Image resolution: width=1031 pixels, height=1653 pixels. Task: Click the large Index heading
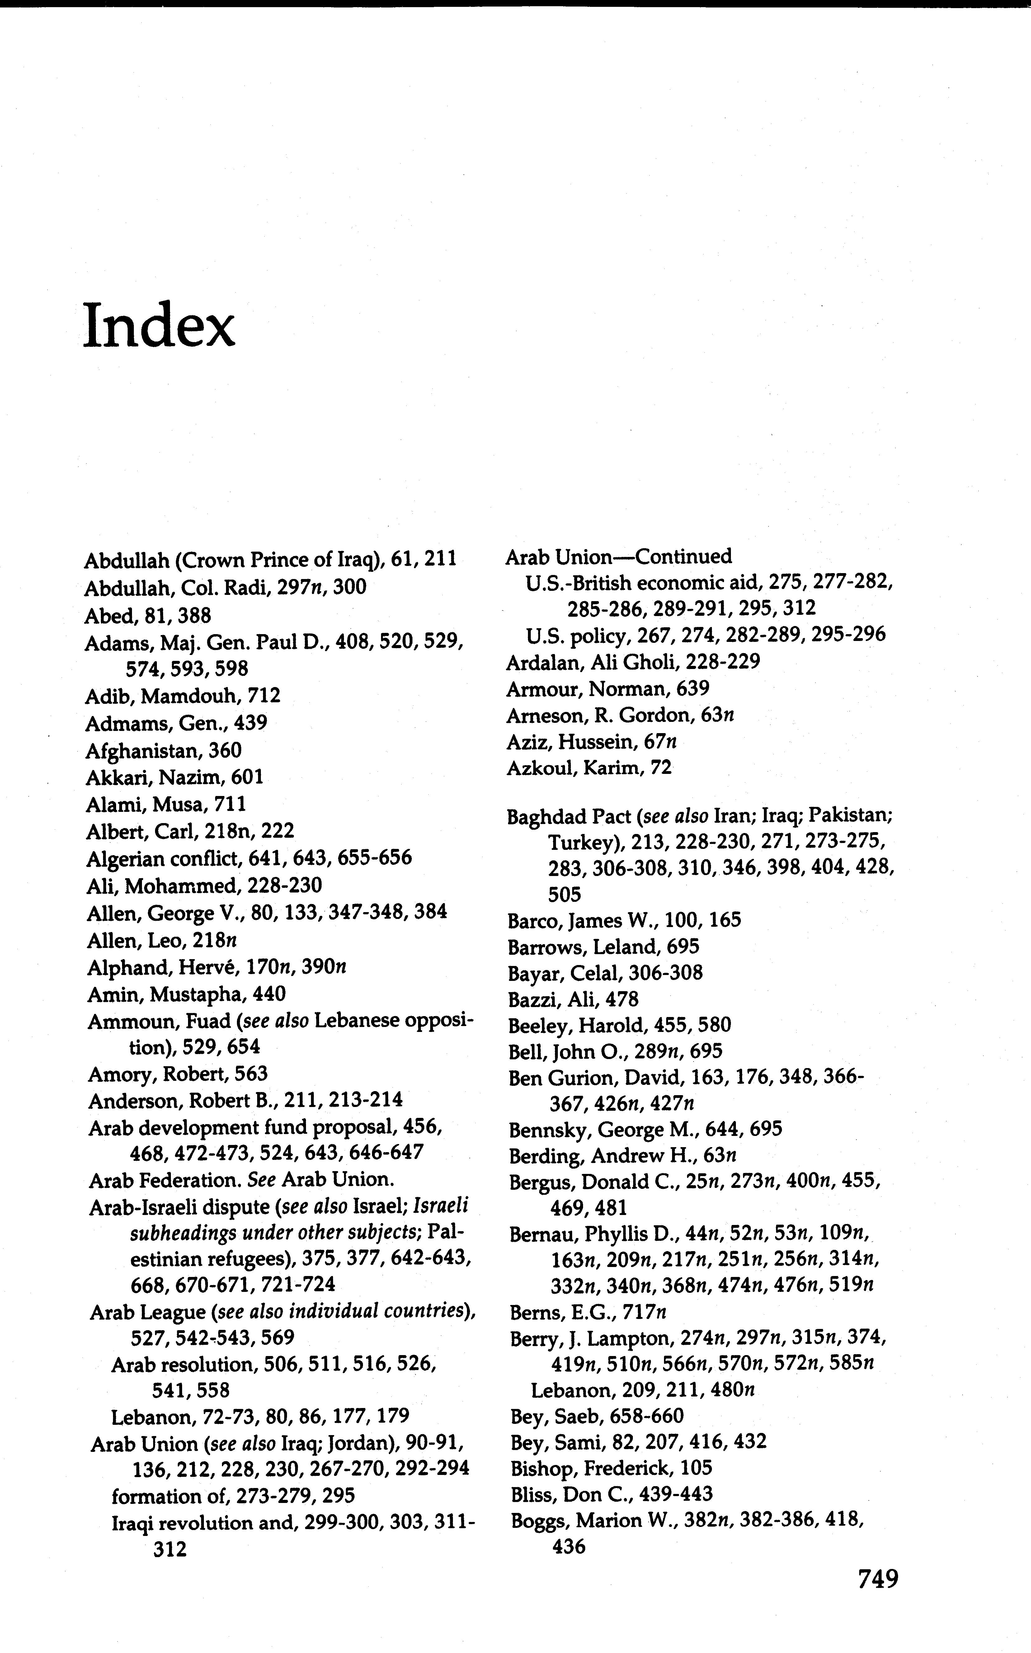pyautogui.click(x=159, y=326)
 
